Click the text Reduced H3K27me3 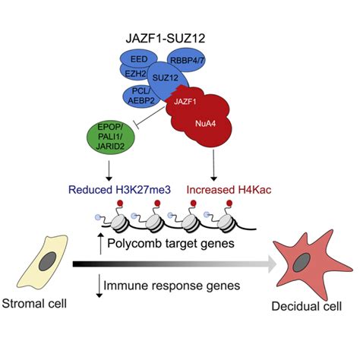point(129,188)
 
